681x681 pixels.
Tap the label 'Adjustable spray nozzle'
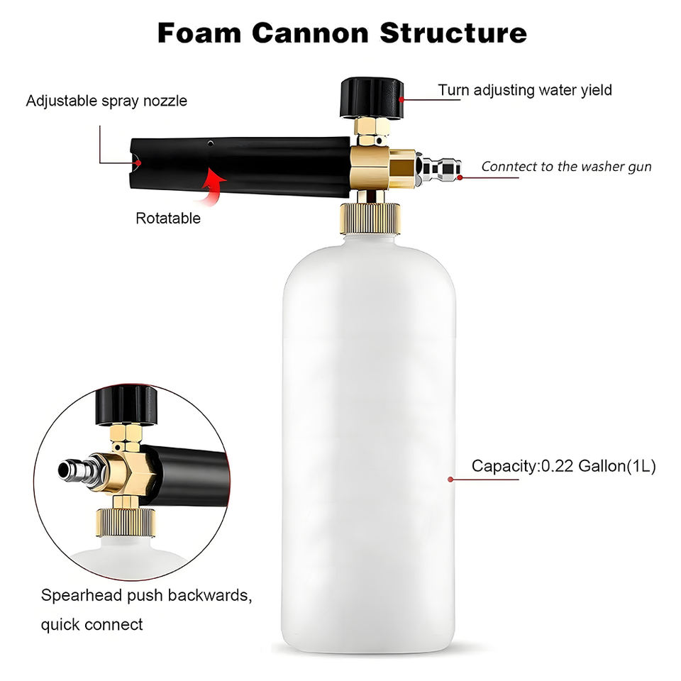coord(106,101)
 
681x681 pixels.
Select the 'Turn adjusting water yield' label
coord(524,90)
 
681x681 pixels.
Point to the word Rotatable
coord(168,218)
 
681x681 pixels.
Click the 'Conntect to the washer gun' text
coord(566,167)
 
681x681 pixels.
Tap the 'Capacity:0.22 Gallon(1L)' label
coord(564,466)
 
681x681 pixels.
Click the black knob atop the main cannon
coord(371,97)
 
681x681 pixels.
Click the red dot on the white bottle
coord(450,480)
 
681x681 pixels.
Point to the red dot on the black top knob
coord(402,99)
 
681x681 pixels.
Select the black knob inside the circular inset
coord(126,405)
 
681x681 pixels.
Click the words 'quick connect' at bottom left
coord(92,625)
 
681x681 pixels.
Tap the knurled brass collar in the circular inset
coord(126,522)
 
